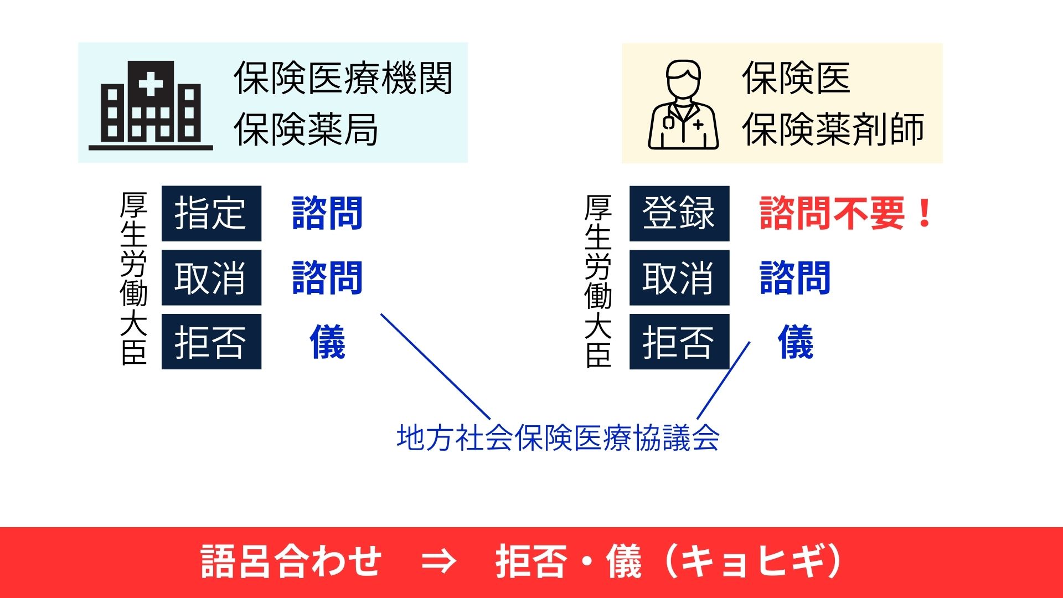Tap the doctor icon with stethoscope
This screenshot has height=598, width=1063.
683,105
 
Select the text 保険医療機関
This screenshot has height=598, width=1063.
343,78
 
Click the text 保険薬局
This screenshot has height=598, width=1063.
306,130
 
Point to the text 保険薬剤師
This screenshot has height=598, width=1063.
833,130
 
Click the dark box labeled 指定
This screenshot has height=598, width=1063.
211,213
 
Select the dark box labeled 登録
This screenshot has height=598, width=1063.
679,213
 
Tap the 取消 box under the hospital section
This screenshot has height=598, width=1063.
211,277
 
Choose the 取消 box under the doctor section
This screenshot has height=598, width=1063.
679,277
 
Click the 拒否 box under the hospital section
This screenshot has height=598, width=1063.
211,342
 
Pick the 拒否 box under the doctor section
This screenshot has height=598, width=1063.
679,342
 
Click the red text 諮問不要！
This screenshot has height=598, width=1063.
847,213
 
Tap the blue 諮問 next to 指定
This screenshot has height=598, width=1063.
327,213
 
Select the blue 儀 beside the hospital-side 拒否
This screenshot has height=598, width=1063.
328,342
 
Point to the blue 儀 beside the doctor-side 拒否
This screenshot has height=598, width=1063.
796,342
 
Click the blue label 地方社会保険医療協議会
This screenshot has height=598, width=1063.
558,438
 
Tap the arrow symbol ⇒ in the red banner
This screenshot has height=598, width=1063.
439,561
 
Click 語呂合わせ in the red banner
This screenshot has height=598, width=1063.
291,561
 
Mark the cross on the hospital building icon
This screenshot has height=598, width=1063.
151,85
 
